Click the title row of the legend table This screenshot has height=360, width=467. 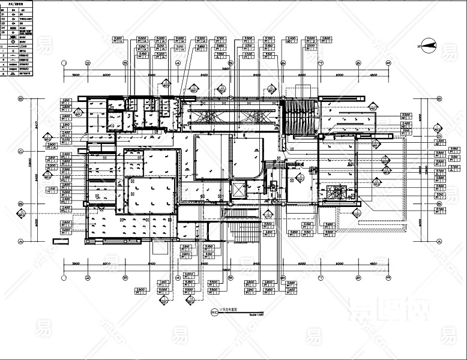(16, 4)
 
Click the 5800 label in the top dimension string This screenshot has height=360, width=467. (76, 75)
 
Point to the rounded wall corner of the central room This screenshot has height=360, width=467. (259, 174)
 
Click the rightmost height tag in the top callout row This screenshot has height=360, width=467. (327, 41)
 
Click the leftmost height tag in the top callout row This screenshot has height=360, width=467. (118, 41)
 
